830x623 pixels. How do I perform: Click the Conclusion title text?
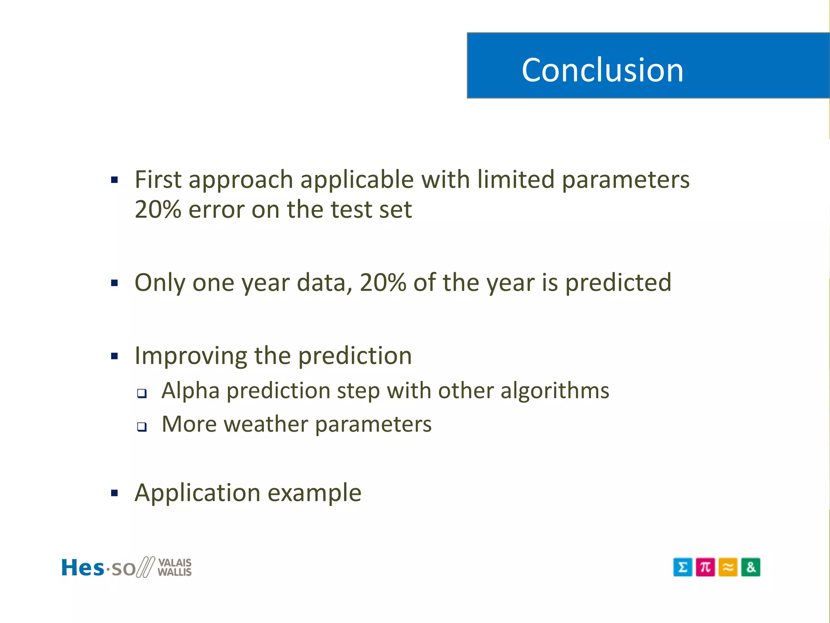[602, 70]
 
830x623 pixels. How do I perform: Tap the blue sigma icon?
[682, 567]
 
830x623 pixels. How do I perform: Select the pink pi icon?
[705, 567]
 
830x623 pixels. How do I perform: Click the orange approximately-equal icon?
[728, 567]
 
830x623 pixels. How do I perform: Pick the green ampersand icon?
[751, 567]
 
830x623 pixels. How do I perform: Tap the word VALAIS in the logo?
[175, 563]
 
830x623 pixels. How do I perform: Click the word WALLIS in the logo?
[175, 572]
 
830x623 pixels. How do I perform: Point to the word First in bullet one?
[157, 179]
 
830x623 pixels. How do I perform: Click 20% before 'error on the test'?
[158, 210]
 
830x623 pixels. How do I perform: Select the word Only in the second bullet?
[160, 283]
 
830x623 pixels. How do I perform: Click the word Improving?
[190, 356]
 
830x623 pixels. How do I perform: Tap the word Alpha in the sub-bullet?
[190, 391]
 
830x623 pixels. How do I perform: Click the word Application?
[197, 493]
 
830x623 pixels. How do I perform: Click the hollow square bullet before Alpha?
[141, 393]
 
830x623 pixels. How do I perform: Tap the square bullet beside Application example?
[114, 493]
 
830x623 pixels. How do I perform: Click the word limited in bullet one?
[516, 179]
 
